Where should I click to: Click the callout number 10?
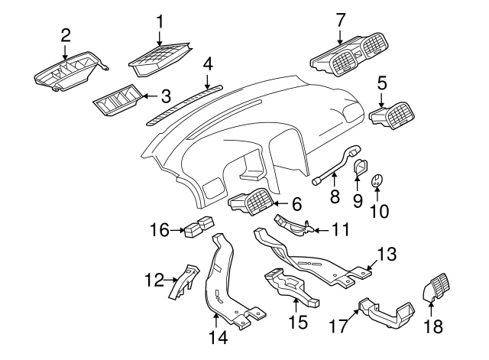pos(379,210)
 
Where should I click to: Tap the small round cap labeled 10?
pos(376,181)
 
